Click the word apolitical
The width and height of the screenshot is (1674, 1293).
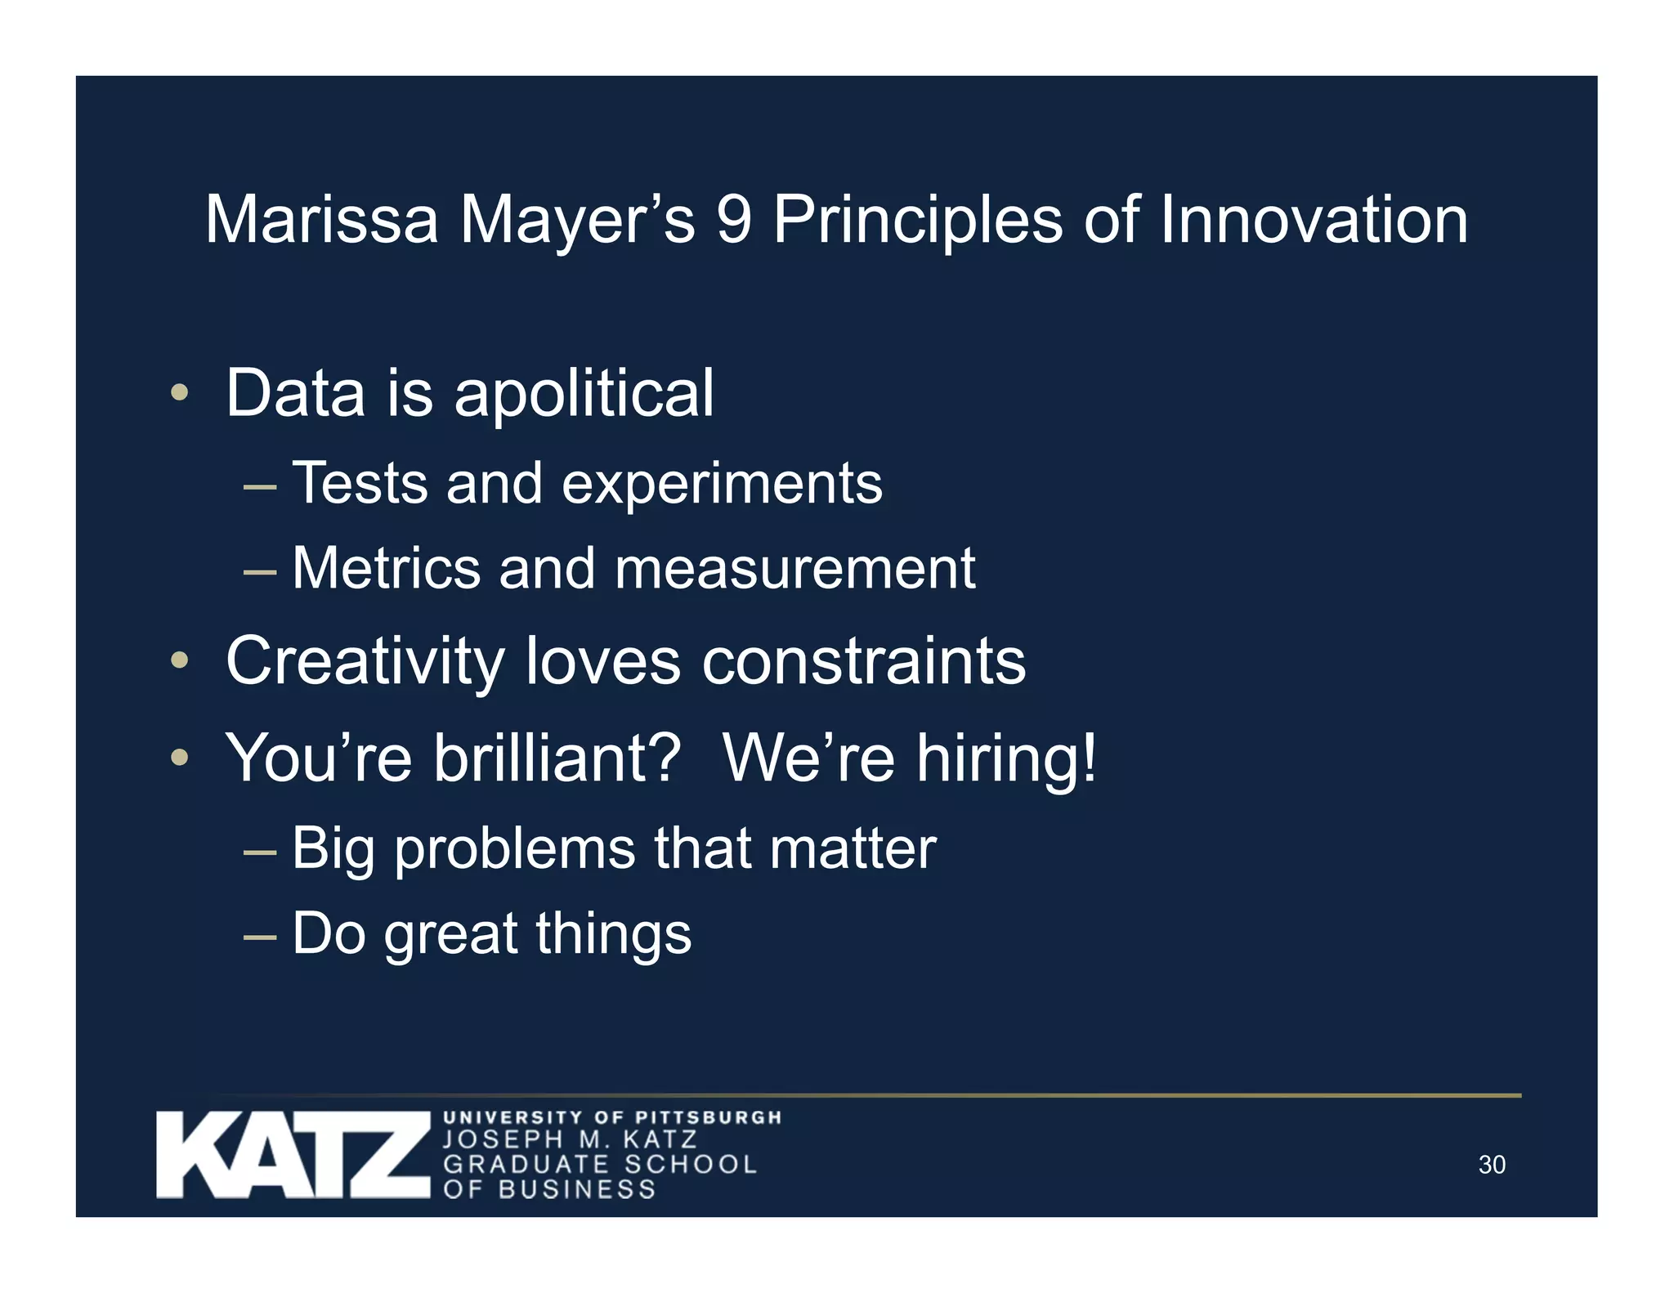[x=584, y=394]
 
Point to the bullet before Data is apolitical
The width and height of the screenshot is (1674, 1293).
[x=180, y=393]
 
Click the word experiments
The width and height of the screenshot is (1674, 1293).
[x=722, y=484]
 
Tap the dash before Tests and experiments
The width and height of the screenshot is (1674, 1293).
[x=260, y=487]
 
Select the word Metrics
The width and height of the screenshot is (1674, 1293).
[x=386, y=568]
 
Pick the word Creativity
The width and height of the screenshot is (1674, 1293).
[x=365, y=662]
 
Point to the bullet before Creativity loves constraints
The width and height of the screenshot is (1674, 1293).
[x=180, y=660]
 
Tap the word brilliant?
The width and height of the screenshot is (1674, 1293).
[x=557, y=758]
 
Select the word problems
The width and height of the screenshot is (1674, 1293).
[x=515, y=849]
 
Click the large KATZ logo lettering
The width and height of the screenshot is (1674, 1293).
[x=293, y=1155]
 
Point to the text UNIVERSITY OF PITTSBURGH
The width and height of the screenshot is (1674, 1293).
[x=612, y=1117]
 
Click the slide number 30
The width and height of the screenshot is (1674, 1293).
[x=1492, y=1165]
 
